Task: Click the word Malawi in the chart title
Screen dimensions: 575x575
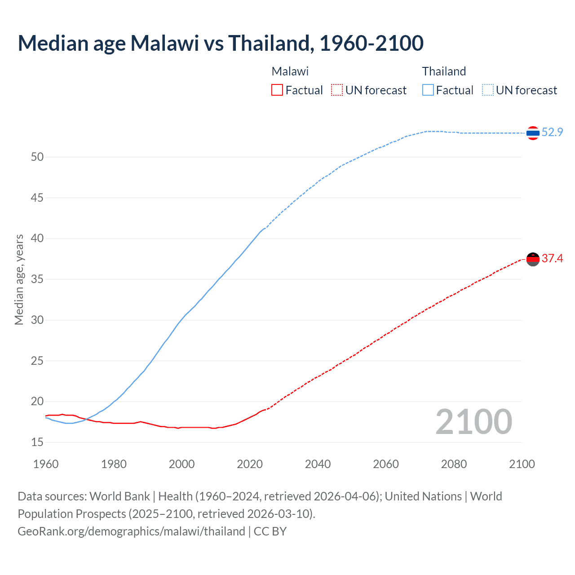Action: point(164,43)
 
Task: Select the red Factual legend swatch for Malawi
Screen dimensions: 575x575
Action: point(277,90)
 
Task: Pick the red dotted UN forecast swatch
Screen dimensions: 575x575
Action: point(337,90)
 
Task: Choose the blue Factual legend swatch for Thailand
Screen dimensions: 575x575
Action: point(428,90)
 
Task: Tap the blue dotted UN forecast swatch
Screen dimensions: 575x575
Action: point(488,90)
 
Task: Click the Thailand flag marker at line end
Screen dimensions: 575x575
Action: point(533,133)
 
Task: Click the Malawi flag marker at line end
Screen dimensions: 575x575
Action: point(533,259)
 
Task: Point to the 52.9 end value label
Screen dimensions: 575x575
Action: point(552,132)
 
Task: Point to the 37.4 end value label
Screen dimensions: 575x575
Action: point(552,258)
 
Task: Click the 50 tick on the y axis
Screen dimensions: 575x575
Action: point(37,157)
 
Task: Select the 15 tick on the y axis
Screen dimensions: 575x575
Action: point(37,442)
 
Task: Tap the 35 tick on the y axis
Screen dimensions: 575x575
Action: point(37,279)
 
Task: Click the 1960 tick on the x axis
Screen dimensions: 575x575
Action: point(46,464)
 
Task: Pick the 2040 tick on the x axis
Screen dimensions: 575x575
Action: point(318,464)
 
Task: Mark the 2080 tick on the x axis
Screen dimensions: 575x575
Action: point(454,464)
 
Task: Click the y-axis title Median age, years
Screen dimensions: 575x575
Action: point(19,279)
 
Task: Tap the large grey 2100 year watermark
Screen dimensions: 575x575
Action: point(473,422)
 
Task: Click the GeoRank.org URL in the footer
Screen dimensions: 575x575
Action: point(131,531)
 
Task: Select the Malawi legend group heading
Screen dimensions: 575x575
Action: point(290,71)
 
